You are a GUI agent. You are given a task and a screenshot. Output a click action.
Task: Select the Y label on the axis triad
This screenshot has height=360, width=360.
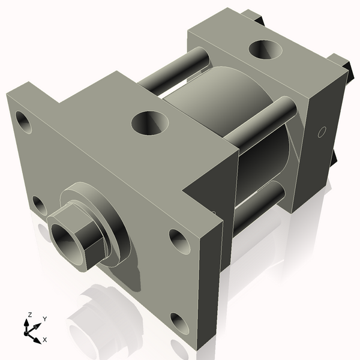click(x=44, y=319)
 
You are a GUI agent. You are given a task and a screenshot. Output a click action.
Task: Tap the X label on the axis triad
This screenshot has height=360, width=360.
click(x=44, y=340)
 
